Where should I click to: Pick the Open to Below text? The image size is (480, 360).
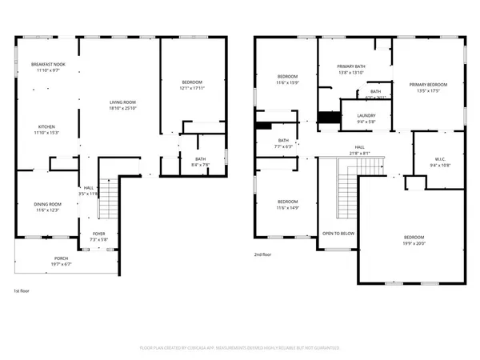(x=338, y=234)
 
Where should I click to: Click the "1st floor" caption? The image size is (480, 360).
(x=23, y=291)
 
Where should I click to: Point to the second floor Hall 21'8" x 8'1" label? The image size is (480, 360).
(x=360, y=150)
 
